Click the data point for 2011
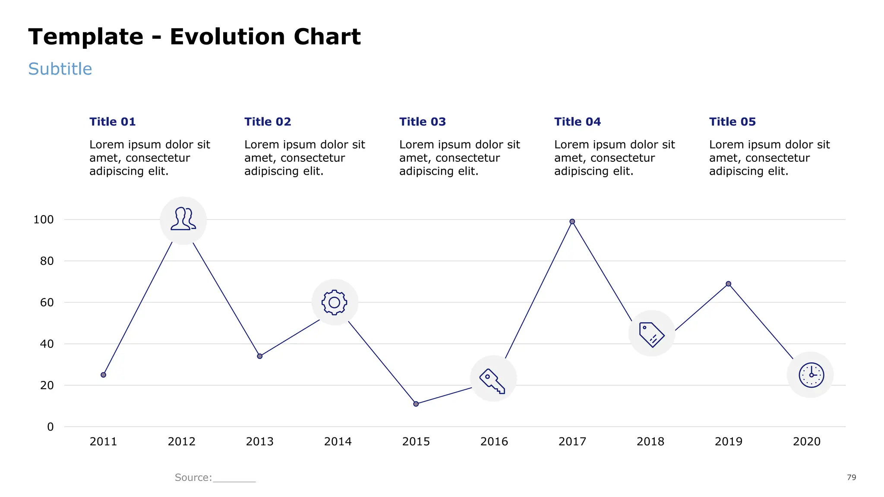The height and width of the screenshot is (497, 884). click(103, 375)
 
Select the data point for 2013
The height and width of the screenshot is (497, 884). click(259, 356)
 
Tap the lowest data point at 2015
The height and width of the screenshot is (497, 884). click(416, 404)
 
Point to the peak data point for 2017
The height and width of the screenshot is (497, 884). click(572, 222)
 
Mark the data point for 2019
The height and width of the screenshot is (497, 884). click(728, 284)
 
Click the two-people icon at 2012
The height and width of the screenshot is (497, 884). click(183, 220)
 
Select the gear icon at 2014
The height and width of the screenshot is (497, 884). click(335, 302)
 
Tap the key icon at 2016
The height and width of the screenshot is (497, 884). click(493, 379)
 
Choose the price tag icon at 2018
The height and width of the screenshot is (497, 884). click(651, 334)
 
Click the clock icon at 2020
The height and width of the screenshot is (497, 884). click(811, 375)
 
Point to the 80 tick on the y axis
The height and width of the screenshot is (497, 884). click(47, 261)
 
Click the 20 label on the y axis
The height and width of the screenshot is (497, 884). click(47, 385)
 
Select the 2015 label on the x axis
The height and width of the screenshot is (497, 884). click(416, 441)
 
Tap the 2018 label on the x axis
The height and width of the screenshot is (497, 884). click(650, 441)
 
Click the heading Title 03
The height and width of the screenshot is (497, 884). click(422, 122)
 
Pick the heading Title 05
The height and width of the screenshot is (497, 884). click(732, 122)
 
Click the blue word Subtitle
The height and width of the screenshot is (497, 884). click(60, 69)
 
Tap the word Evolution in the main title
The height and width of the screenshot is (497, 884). click(227, 37)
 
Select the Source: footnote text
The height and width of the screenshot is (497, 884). click(193, 477)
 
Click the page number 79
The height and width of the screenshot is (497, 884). click(851, 477)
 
